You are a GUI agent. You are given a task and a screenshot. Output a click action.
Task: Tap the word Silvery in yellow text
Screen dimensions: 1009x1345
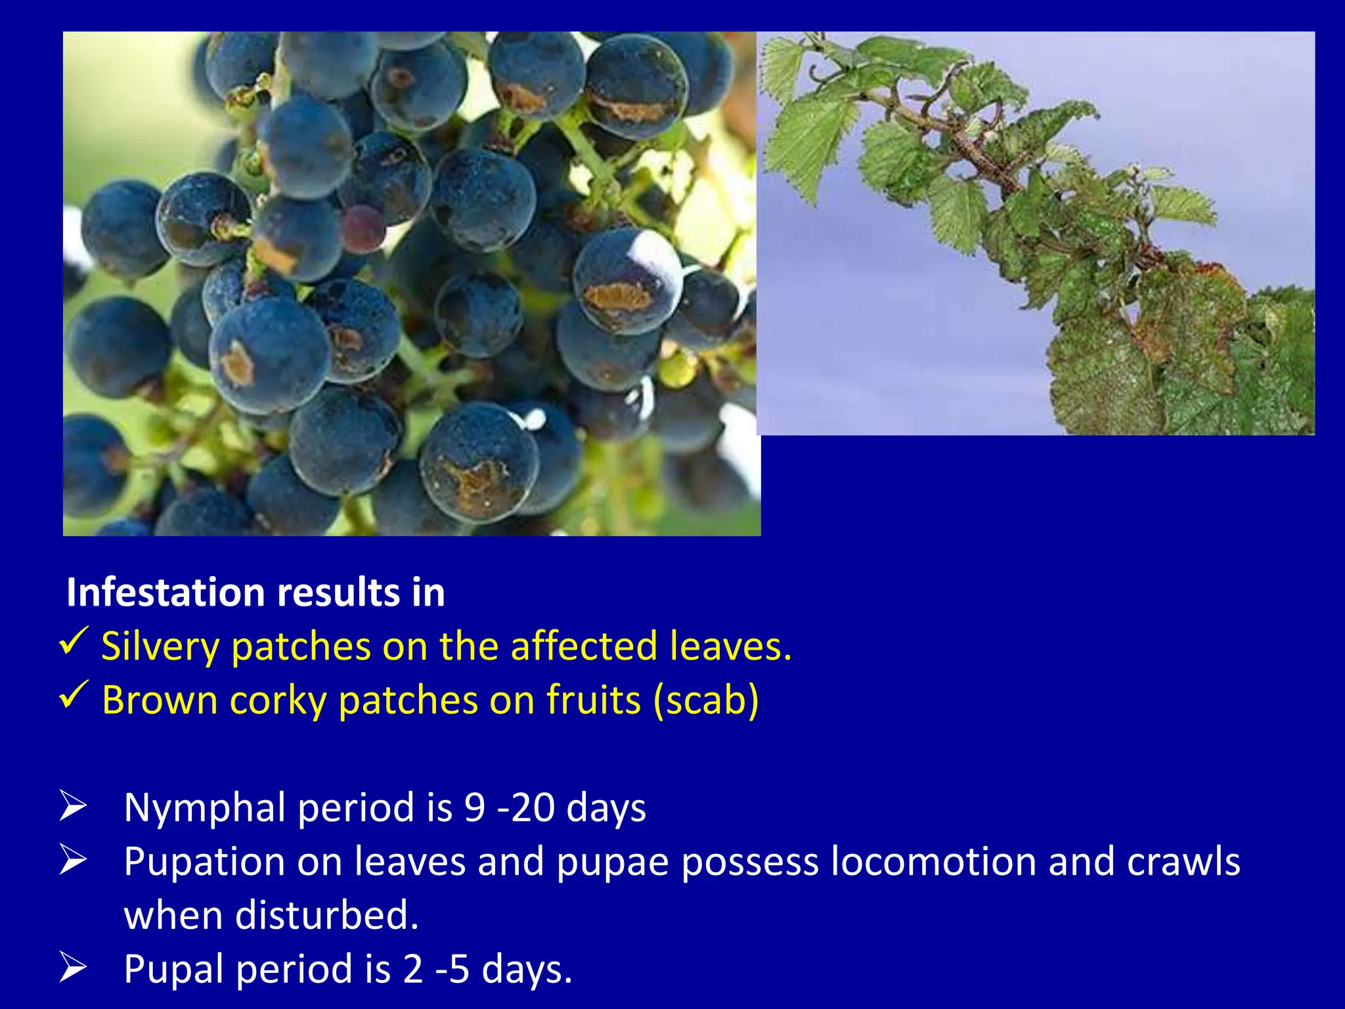click(x=160, y=646)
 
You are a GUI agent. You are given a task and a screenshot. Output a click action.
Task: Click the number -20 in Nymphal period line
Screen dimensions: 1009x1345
click(x=526, y=807)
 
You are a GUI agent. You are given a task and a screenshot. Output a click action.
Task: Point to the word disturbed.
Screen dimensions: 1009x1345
click(x=326, y=915)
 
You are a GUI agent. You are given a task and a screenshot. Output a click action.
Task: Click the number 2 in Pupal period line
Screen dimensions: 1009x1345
click(x=413, y=969)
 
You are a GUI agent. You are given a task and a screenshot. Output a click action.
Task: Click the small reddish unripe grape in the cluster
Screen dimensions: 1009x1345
click(x=363, y=228)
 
